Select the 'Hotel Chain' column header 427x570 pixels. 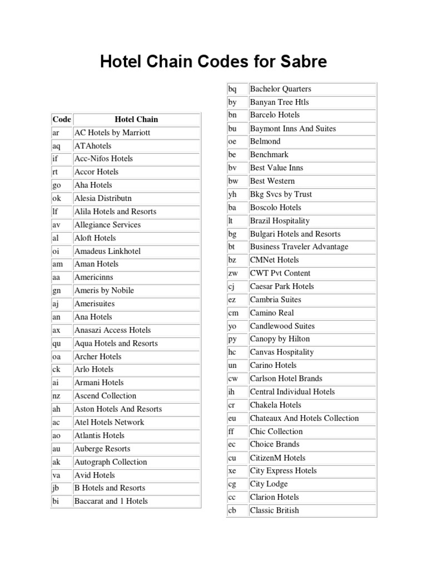[x=136, y=119]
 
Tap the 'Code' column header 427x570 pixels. [x=62, y=119]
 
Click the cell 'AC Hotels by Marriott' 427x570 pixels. [x=112, y=132]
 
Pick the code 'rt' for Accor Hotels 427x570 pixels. [x=56, y=172]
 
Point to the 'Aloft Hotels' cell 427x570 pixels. [x=95, y=238]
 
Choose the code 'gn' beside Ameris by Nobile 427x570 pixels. [x=56, y=291]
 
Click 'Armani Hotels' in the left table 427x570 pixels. [x=99, y=382]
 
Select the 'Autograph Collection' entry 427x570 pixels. [x=111, y=462]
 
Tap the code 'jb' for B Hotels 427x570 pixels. [x=56, y=488]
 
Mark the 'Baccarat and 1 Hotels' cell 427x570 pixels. [x=111, y=501]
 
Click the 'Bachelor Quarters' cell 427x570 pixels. [x=280, y=89]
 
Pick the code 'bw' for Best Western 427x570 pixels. [x=233, y=181]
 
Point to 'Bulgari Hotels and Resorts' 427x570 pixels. [x=295, y=234]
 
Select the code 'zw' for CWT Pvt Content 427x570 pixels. [x=233, y=273]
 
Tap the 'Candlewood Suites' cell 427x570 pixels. [x=282, y=326]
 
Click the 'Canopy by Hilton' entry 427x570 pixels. [x=280, y=339]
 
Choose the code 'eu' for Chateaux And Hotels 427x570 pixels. [x=232, y=418]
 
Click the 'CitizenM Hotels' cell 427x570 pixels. [x=277, y=458]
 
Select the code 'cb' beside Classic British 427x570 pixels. [x=232, y=510]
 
